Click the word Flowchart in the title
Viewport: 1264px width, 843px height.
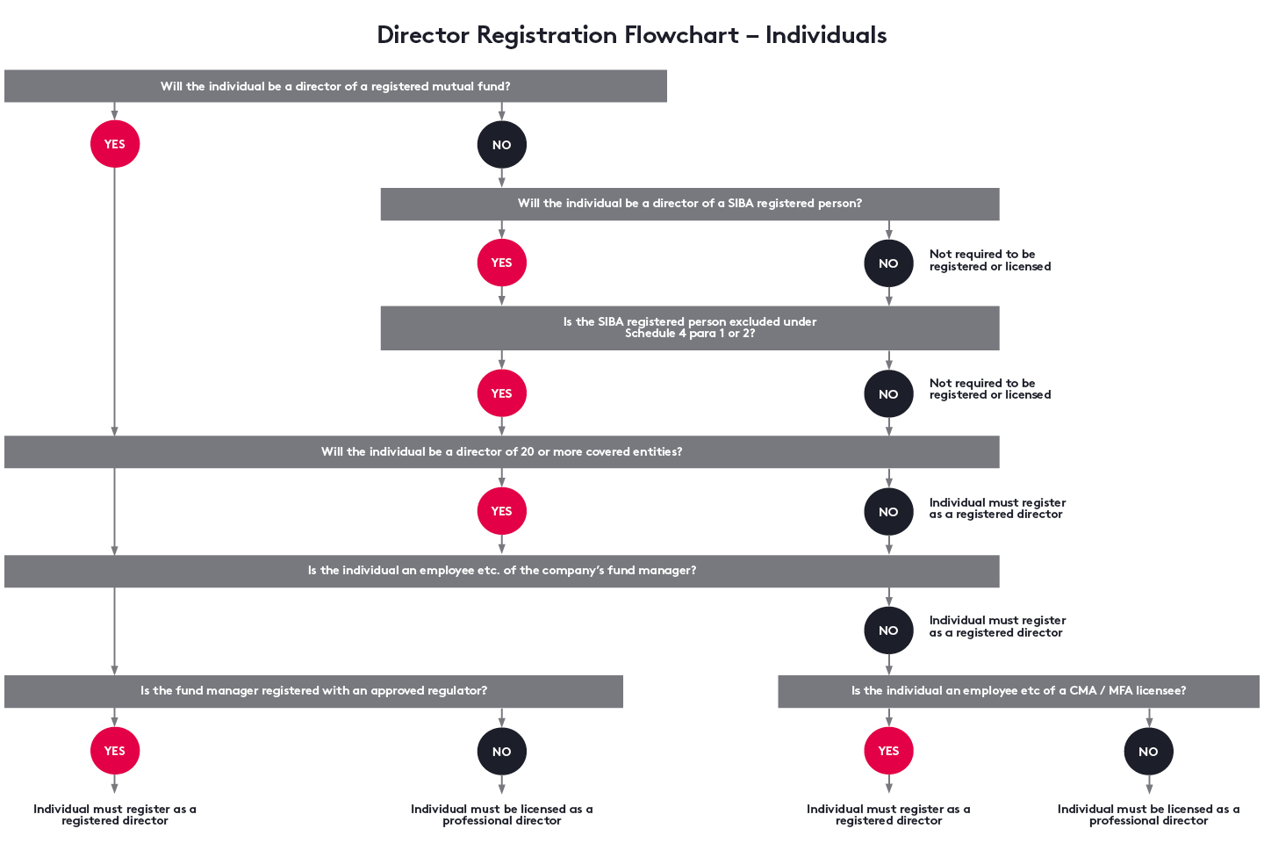click(x=681, y=35)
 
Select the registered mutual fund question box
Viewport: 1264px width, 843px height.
click(x=335, y=86)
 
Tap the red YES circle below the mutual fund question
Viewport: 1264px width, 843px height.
click(x=115, y=144)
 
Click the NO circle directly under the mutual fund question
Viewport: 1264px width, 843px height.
click(x=501, y=145)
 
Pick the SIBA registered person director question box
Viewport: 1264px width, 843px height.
click(x=689, y=204)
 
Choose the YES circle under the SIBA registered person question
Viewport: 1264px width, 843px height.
click(x=501, y=263)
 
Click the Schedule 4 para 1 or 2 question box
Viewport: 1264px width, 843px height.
click(x=689, y=328)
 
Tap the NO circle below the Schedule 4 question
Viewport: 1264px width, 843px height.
click(x=888, y=394)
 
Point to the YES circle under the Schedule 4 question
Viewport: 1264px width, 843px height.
click(x=501, y=393)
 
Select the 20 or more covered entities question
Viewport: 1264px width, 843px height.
click(x=501, y=452)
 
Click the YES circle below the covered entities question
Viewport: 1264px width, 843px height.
click(x=501, y=511)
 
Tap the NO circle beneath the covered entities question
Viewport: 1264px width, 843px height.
click(x=888, y=512)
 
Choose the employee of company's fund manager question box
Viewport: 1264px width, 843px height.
click(x=501, y=571)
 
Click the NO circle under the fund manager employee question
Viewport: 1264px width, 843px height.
click(x=888, y=630)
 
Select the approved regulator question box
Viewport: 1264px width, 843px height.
click(x=313, y=691)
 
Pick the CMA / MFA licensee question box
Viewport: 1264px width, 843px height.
click(x=1018, y=691)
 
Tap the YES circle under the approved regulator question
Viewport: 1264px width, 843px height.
click(x=115, y=751)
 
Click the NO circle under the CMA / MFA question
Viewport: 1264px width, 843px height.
click(x=1148, y=752)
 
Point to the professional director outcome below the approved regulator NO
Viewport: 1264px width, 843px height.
click(x=501, y=815)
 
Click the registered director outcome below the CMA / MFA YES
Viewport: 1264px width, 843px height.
click(x=888, y=815)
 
